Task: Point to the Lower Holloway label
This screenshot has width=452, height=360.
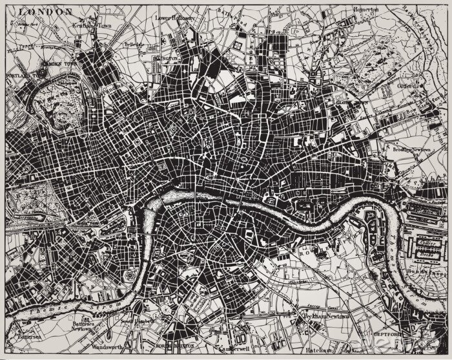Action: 175,18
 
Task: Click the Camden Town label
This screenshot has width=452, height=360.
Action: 59,65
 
